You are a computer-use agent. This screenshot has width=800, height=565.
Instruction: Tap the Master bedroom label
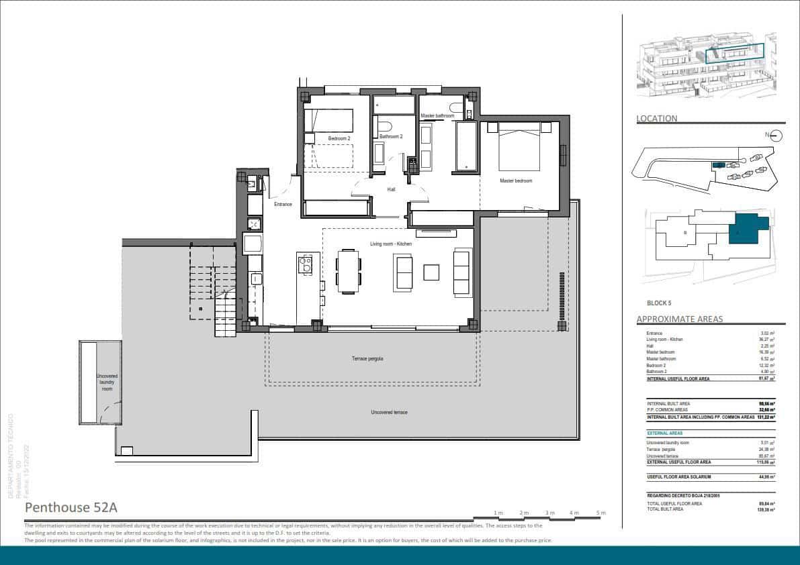click(516, 181)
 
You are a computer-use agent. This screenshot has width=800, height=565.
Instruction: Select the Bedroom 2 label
click(339, 138)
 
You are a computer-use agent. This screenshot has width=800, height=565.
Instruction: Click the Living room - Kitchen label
click(391, 244)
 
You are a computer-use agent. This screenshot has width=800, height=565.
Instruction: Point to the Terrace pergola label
click(367, 358)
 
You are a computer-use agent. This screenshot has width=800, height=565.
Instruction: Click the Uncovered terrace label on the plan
click(389, 412)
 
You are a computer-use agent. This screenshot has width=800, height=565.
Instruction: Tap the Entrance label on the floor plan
click(283, 204)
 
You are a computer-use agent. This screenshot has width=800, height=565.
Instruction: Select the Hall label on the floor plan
click(391, 189)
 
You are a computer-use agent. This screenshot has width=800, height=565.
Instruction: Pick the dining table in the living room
click(348, 271)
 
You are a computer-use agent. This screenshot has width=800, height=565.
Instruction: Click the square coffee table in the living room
click(431, 272)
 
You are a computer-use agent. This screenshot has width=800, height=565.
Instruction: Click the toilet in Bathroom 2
click(385, 126)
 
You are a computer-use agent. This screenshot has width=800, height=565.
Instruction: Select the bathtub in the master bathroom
click(465, 146)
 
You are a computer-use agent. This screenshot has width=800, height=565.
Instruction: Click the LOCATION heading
click(657, 119)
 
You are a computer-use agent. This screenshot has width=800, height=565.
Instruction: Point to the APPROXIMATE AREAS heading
click(679, 319)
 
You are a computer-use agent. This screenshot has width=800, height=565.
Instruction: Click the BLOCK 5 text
click(659, 303)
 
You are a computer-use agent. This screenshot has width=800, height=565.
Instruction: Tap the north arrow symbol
click(776, 136)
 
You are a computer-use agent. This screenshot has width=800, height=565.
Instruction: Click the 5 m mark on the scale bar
click(601, 513)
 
